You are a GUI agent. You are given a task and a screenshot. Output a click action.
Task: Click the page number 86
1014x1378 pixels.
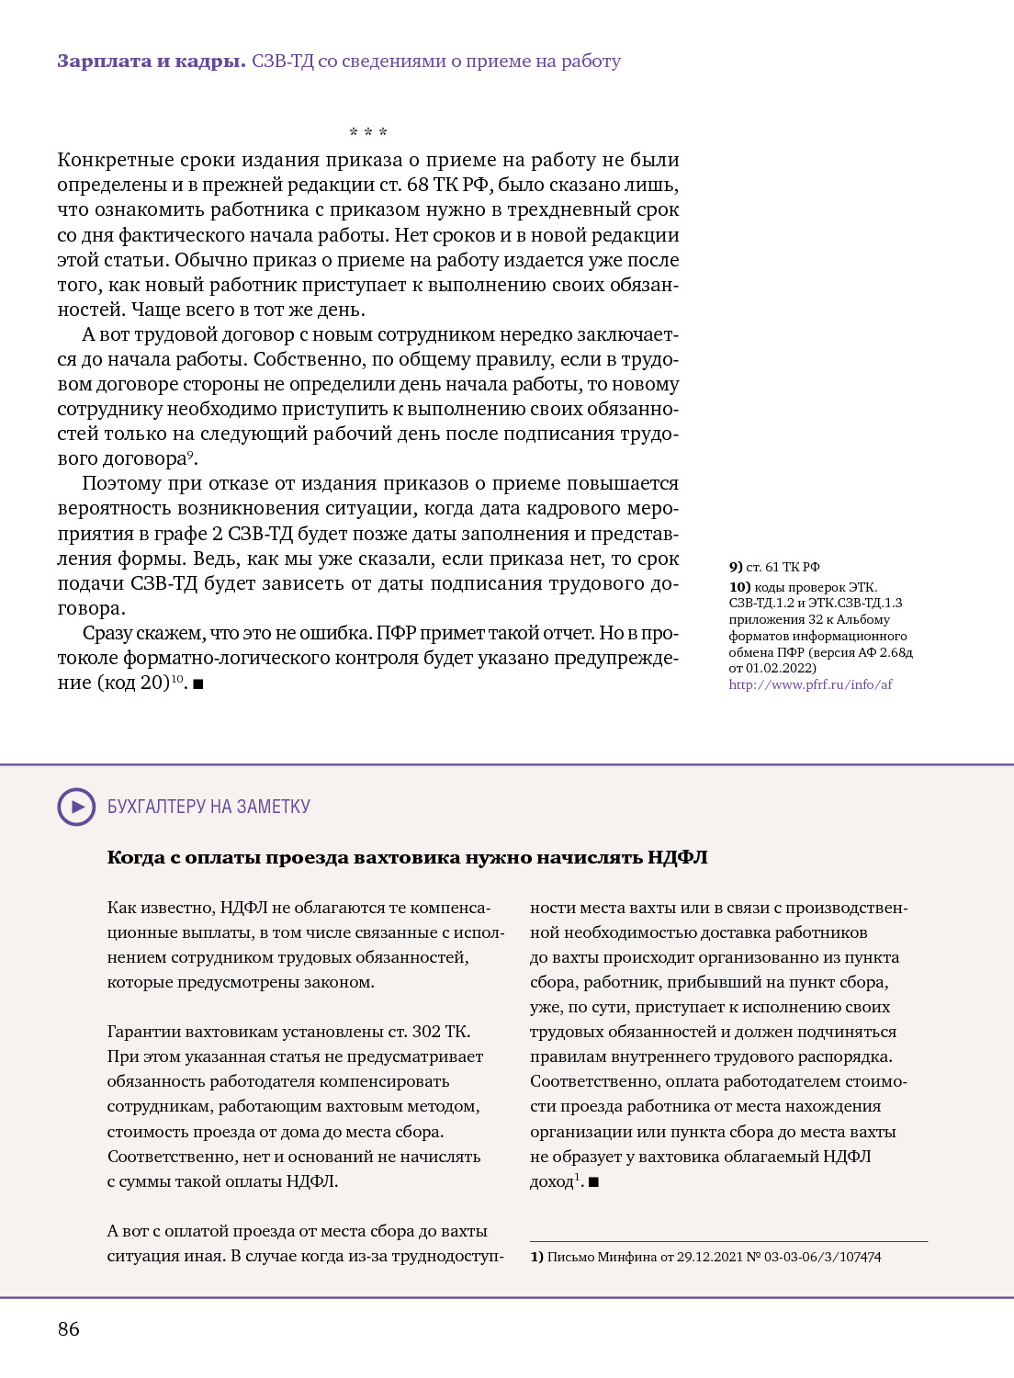(69, 1328)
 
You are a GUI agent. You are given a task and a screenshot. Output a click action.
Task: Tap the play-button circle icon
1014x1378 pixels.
(76, 807)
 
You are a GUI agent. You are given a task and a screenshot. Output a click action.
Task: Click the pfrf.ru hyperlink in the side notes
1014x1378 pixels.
(810, 684)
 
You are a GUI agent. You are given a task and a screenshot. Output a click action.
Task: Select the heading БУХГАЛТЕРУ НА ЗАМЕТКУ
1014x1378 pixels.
(208, 807)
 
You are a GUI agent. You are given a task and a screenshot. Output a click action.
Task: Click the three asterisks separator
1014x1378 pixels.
(368, 133)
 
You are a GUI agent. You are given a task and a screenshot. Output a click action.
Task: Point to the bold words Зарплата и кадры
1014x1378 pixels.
(151, 62)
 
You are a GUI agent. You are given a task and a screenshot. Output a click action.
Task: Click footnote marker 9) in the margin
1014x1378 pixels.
(736, 567)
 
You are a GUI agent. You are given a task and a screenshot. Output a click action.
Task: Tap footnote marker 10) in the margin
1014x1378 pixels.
(739, 587)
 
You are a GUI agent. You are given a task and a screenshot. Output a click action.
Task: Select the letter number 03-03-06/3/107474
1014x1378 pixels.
(821, 1257)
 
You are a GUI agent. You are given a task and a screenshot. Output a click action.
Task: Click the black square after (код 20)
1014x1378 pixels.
(198, 684)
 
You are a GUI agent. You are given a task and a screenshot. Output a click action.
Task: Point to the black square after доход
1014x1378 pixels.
(593, 1182)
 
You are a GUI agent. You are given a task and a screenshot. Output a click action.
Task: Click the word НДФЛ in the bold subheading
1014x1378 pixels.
(677, 858)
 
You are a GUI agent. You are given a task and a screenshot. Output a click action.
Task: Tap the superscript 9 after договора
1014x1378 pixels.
(190, 454)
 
